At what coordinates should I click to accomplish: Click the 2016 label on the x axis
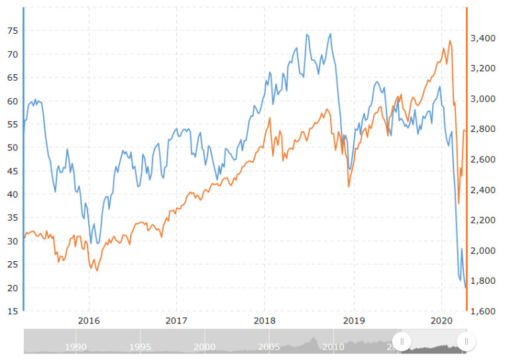coord(88,320)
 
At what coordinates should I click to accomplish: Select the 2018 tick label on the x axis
coord(264,320)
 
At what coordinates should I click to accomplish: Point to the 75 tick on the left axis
coord(13,30)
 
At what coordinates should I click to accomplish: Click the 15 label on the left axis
coord(13,311)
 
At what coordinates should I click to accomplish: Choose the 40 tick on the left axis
coord(13,194)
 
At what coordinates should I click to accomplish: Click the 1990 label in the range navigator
coord(76,346)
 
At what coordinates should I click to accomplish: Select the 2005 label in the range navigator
coord(268,346)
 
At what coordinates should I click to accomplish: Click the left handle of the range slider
coord(402,341)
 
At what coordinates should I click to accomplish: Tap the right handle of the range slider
coord(466,341)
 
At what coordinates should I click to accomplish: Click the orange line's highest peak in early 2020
coord(449,41)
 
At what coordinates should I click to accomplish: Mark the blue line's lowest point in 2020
coord(465,286)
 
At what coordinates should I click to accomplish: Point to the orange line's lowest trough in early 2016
coord(97,270)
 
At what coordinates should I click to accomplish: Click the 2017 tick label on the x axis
coord(176,320)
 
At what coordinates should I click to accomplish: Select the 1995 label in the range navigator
coord(141,346)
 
